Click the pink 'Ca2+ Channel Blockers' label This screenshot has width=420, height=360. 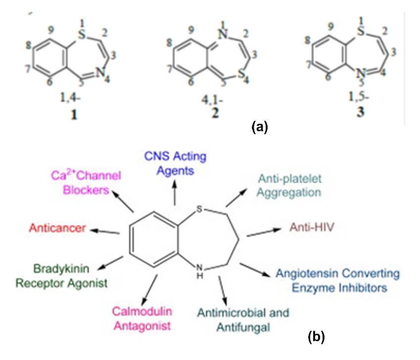87,182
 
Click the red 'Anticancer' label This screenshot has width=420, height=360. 57,228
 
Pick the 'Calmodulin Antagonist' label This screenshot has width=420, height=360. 141,318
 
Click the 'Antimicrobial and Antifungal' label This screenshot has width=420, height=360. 243,320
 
